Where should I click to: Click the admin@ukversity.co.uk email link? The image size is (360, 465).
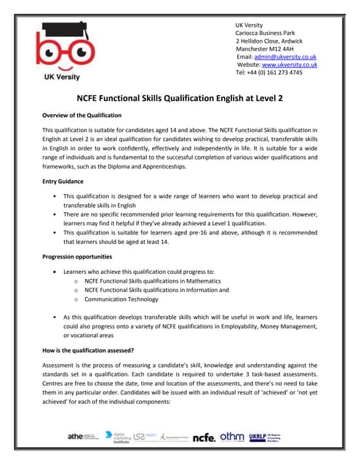click(x=284, y=56)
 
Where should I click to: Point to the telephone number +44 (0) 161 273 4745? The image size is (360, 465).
click(x=268, y=73)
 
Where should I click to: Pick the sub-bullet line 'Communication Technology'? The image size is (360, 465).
click(x=121, y=299)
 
